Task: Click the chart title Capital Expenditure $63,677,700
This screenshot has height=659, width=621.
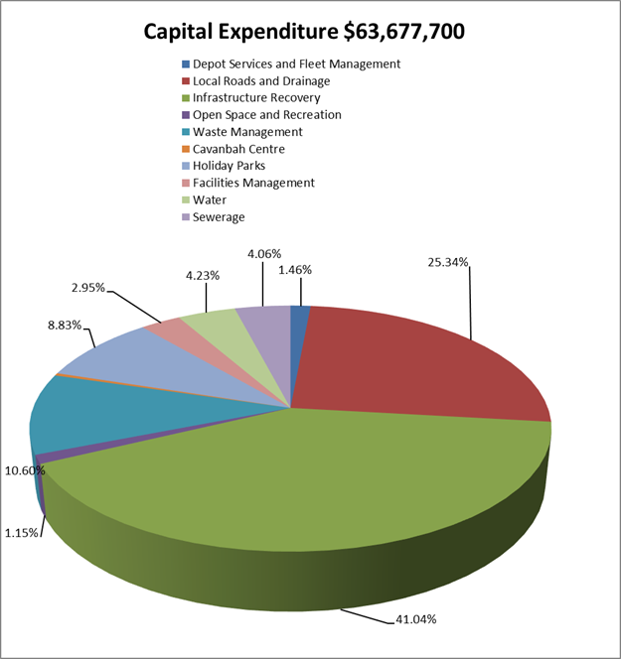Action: click(304, 32)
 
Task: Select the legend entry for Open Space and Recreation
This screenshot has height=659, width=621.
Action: click(266, 115)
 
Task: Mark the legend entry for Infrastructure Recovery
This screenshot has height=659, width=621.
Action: click(256, 98)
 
